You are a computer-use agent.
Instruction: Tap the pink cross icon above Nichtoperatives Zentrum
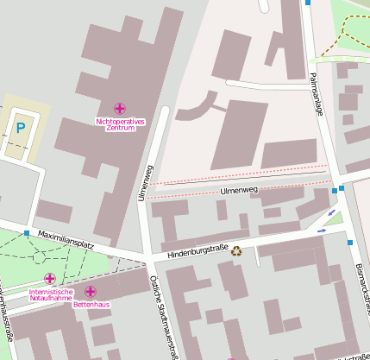point(120,109)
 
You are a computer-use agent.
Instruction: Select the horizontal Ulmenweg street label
point(239,189)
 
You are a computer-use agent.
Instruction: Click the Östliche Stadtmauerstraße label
point(166,316)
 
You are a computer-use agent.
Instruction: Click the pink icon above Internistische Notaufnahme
point(50,279)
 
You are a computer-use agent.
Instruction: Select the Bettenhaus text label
point(91,304)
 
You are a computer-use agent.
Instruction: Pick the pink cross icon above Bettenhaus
point(91,291)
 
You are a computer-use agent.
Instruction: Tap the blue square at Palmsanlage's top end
point(308,3)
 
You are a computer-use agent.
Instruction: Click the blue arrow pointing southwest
point(333,212)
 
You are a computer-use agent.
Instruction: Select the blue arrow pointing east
point(322,231)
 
